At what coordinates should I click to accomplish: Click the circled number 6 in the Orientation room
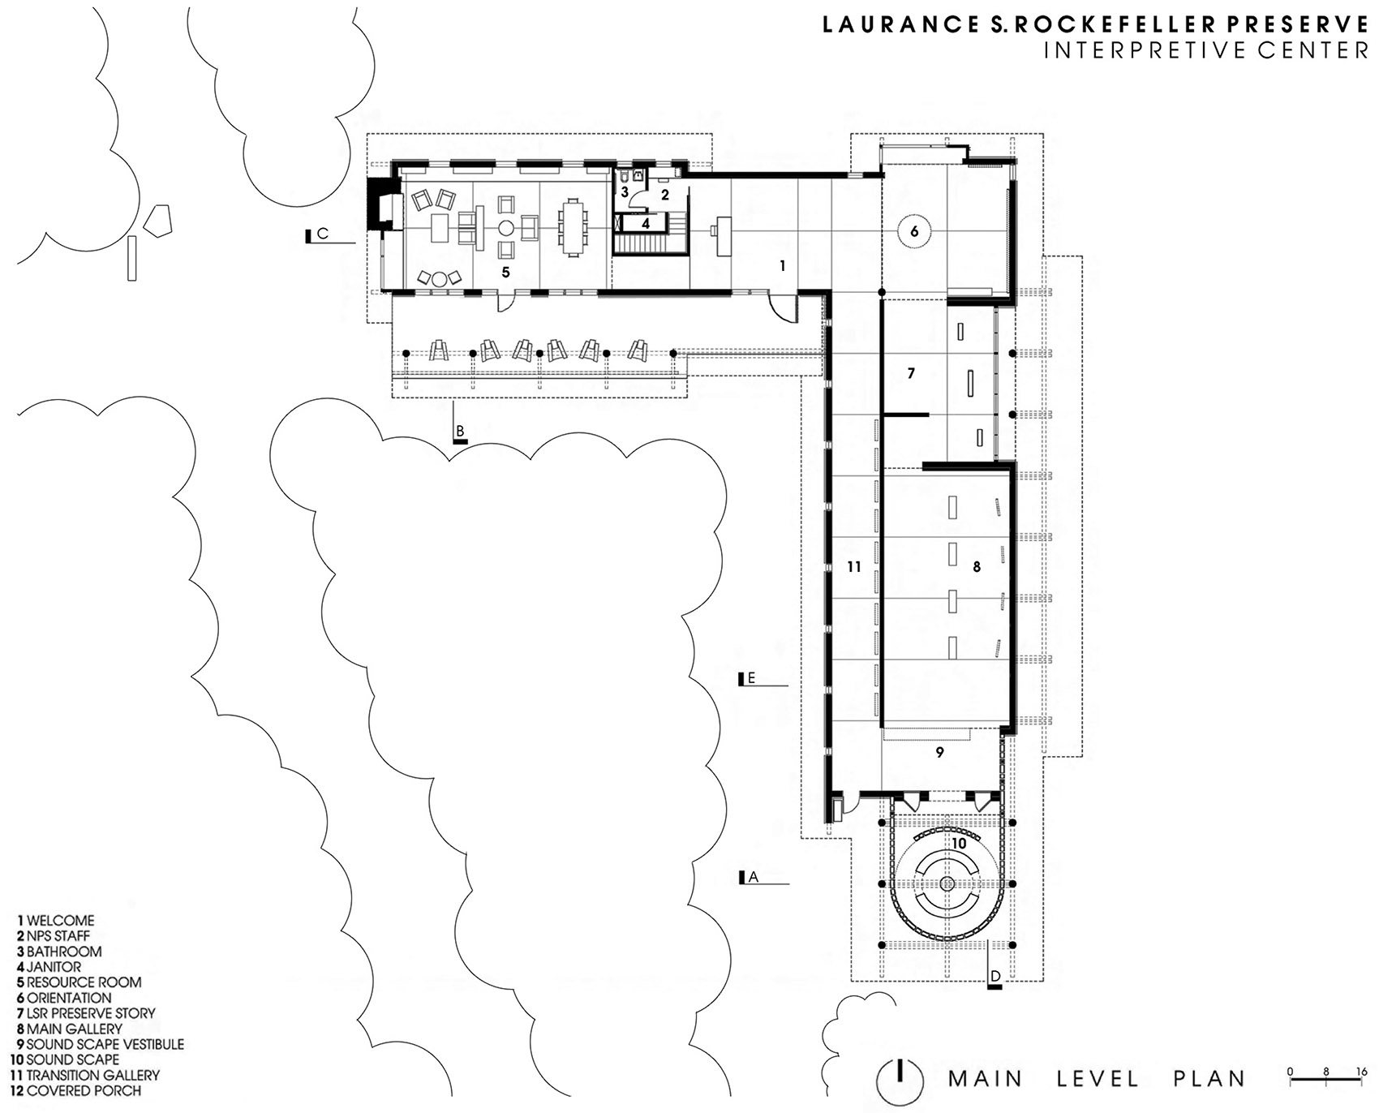coord(914,231)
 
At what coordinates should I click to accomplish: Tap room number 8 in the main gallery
coord(977,567)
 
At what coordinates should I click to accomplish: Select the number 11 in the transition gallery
coord(853,567)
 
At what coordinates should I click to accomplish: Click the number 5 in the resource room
coord(505,272)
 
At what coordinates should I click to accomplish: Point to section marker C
coord(322,234)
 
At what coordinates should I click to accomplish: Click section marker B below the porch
coord(460,432)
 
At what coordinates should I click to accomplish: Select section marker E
coord(751,678)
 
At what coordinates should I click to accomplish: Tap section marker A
coord(752,877)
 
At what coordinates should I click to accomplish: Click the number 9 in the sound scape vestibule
coord(940,752)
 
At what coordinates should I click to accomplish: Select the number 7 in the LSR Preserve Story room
coord(911,373)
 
